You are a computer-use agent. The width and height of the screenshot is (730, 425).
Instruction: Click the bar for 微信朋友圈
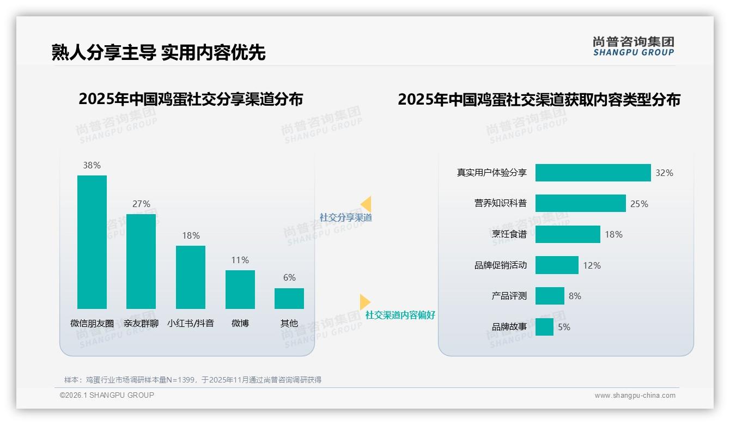92,242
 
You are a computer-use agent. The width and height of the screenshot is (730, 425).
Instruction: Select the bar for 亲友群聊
141,262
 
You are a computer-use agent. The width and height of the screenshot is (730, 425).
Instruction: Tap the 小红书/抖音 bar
191,277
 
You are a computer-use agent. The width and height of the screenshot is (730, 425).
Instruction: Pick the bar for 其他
289,299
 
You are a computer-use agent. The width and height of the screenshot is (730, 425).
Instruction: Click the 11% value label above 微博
240,260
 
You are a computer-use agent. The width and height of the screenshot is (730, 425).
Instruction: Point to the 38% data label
92,165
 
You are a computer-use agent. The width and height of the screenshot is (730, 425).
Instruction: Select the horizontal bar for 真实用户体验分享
593,173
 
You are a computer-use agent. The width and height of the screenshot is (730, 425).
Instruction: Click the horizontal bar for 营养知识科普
580,203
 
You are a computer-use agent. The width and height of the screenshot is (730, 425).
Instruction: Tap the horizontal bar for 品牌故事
544,327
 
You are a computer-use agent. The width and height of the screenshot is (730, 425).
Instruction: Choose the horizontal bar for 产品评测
550,296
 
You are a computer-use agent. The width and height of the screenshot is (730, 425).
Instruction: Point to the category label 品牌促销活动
500,265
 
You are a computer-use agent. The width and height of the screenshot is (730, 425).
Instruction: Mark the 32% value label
664,173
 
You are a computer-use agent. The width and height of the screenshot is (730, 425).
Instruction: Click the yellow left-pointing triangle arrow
366,204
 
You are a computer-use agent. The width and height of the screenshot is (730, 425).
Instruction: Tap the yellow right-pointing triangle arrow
364,301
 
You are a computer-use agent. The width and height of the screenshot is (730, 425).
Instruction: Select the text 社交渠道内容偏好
400,315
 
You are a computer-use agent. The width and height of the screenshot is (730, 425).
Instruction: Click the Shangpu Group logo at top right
633,46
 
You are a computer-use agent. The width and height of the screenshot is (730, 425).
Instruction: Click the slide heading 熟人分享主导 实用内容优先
159,52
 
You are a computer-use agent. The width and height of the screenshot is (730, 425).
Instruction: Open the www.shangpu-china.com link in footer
635,396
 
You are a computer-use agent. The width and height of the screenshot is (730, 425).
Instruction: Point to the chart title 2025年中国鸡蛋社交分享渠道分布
191,99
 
